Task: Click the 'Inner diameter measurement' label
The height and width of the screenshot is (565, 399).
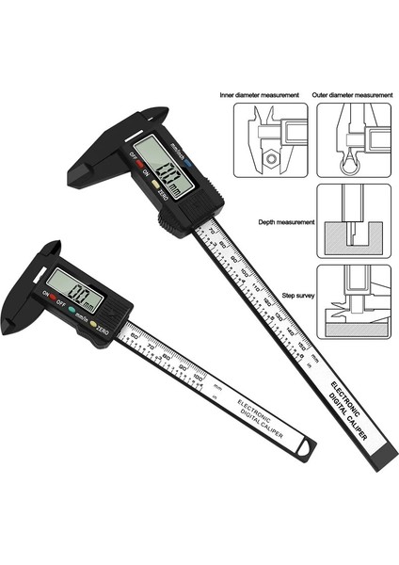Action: [x=259, y=94]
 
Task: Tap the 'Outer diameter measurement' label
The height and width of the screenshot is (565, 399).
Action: [x=352, y=94]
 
